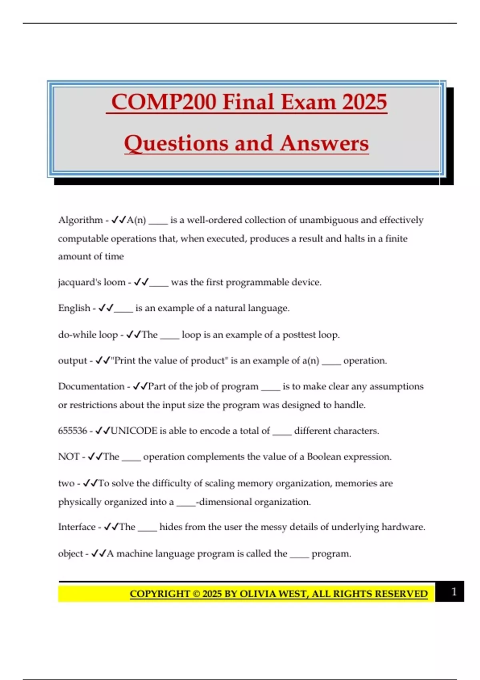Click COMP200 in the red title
(x=164, y=102)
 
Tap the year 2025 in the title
(x=364, y=102)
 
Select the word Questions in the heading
(x=176, y=143)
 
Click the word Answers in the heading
(x=324, y=143)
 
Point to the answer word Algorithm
(x=80, y=220)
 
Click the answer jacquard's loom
(x=92, y=282)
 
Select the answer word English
(x=74, y=308)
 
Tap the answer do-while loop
(x=88, y=334)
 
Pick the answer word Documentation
(x=91, y=386)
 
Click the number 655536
(x=72, y=431)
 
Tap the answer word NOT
(x=68, y=457)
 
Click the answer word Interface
(x=77, y=527)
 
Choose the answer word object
(x=70, y=554)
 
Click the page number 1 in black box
(x=454, y=592)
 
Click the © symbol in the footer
(x=196, y=594)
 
